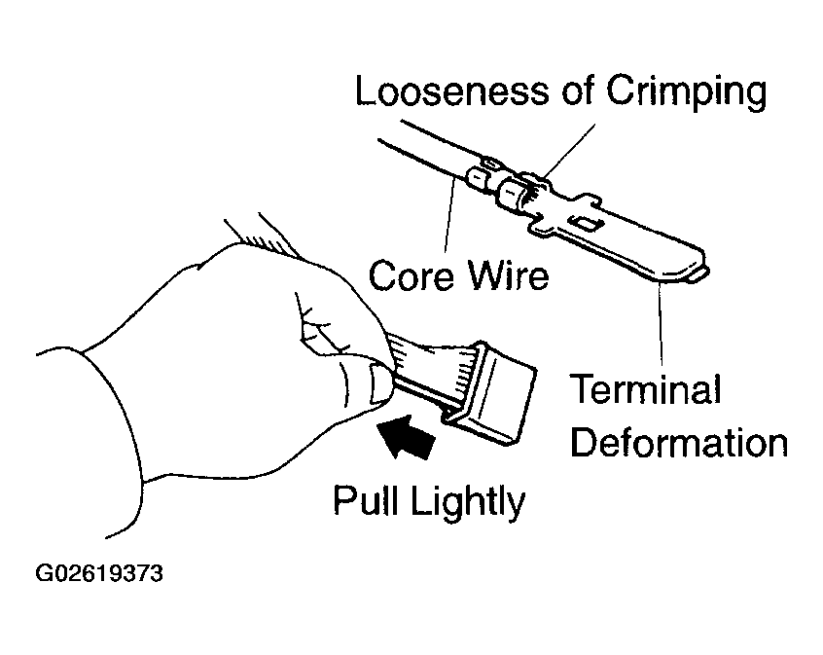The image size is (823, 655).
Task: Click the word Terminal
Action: (645, 391)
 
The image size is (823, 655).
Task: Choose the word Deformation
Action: (678, 443)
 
